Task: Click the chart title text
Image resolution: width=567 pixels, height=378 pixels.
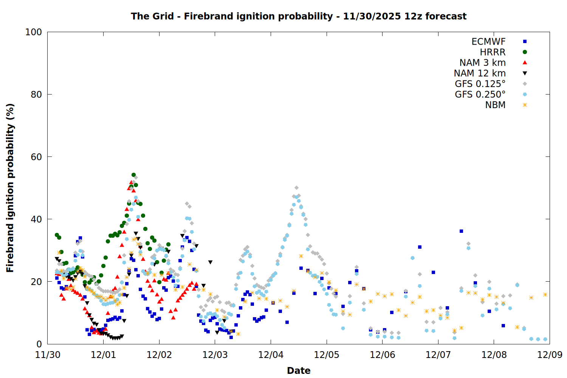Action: pyautogui.click(x=299, y=16)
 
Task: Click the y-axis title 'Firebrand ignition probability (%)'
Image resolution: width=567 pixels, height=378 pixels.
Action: pyautogui.click(x=10, y=188)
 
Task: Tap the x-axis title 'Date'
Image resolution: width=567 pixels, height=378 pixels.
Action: pyautogui.click(x=299, y=370)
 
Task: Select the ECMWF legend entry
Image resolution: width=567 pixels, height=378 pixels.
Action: pyautogui.click(x=488, y=42)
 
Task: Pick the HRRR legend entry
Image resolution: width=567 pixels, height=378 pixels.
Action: pyautogui.click(x=493, y=52)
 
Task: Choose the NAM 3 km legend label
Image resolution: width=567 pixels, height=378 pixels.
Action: pyautogui.click(x=482, y=63)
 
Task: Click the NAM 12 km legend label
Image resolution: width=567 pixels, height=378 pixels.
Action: pyautogui.click(x=480, y=73)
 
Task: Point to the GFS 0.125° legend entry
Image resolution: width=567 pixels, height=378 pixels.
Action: pyautogui.click(x=480, y=84)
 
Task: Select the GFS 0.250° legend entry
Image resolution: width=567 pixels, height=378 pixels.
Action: pyautogui.click(x=480, y=94)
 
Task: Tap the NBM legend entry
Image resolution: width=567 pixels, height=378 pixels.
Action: pyautogui.click(x=495, y=105)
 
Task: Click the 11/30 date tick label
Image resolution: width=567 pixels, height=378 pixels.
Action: pyautogui.click(x=48, y=355)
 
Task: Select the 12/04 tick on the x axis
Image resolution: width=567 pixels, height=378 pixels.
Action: pyautogui.click(x=271, y=355)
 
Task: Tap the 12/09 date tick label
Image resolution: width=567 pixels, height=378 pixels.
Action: pyautogui.click(x=550, y=355)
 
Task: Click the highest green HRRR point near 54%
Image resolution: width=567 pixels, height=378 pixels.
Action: pyautogui.click(x=133, y=175)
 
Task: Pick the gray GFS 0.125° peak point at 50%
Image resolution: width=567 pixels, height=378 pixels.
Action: pyautogui.click(x=296, y=188)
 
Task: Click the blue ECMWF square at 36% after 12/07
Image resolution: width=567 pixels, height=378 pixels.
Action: pyautogui.click(x=461, y=231)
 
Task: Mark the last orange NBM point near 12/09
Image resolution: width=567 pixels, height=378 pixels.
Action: pyautogui.click(x=545, y=294)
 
